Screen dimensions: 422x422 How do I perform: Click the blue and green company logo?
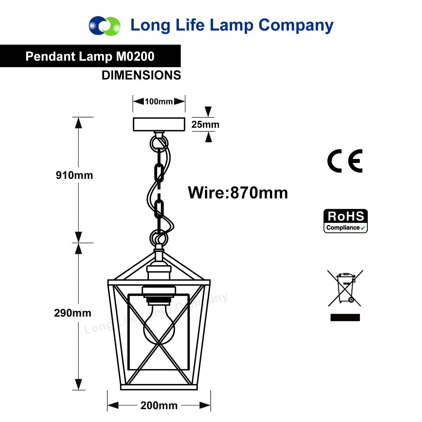tap(104, 26)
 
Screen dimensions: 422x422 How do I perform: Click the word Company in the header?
tap(296, 26)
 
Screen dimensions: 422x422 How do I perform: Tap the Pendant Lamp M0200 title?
tap(90, 56)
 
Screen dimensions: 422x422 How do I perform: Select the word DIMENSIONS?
tap(141, 75)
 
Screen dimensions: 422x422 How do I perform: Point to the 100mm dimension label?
tap(159, 101)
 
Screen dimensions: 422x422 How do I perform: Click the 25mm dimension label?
tap(205, 124)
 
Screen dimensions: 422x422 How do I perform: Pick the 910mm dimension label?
tap(75, 175)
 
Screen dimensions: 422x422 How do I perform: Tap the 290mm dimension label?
tap(73, 313)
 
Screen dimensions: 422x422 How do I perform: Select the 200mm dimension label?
tap(159, 405)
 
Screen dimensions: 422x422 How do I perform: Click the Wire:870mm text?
tap(238, 193)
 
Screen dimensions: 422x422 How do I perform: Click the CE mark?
tap(345, 161)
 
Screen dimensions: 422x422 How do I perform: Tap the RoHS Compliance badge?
tap(345, 221)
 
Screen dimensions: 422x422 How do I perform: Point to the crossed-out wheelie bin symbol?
tap(345, 288)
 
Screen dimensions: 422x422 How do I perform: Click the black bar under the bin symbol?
tap(345, 317)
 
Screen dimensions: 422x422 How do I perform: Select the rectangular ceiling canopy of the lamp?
tap(159, 124)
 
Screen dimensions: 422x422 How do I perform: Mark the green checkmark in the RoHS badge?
tap(363, 228)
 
